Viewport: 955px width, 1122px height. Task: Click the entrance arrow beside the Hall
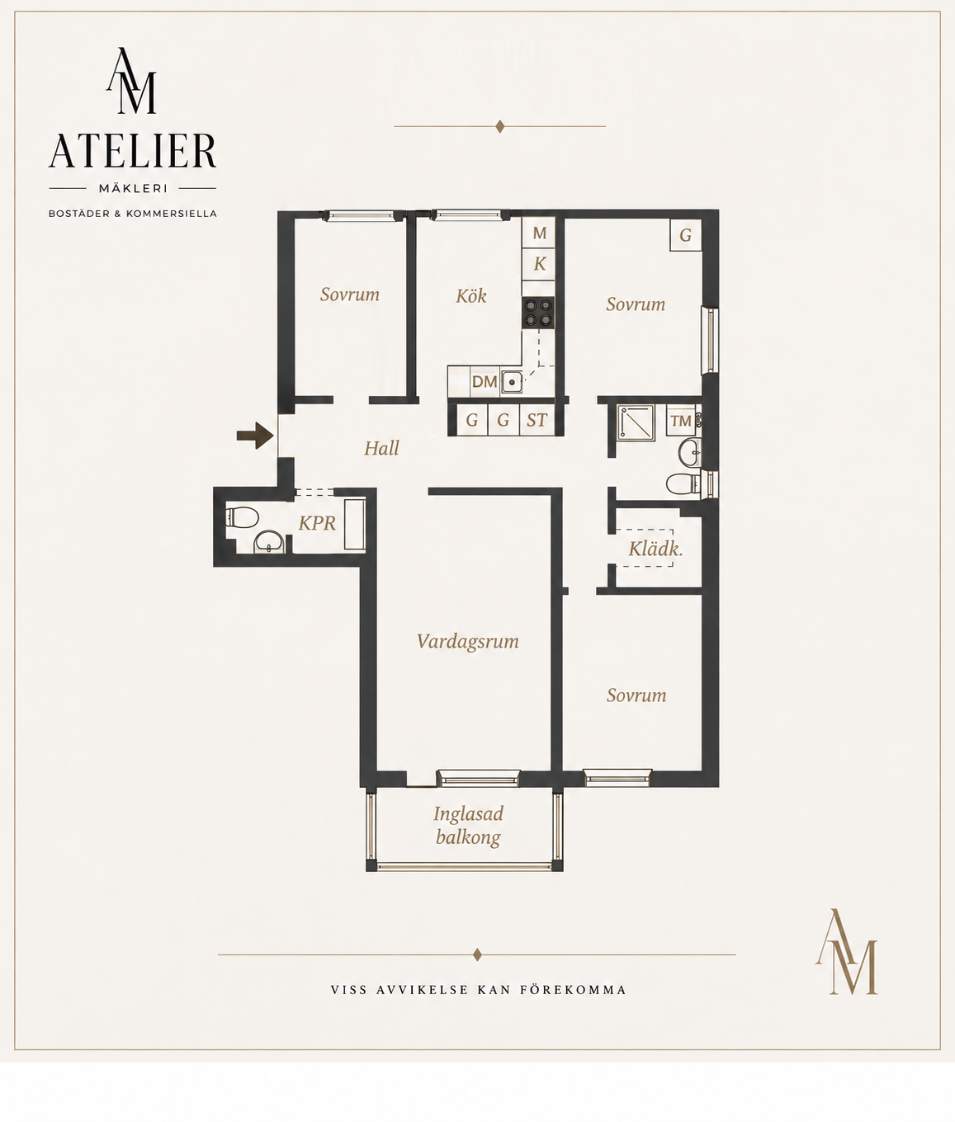point(255,436)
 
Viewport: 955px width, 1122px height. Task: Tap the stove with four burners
point(538,313)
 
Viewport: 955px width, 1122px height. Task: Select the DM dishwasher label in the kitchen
point(485,382)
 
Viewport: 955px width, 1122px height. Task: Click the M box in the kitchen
point(539,233)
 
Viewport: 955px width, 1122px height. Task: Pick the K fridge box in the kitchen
point(539,264)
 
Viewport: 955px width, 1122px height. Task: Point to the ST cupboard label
point(537,420)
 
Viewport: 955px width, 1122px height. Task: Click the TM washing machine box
point(681,421)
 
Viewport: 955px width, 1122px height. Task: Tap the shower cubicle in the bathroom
point(636,422)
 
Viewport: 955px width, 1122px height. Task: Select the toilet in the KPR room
point(242,517)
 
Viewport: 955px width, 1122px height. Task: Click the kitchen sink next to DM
point(512,382)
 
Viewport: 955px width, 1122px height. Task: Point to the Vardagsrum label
point(468,642)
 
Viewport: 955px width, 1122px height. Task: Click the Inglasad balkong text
point(468,826)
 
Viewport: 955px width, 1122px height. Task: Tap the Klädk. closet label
point(655,549)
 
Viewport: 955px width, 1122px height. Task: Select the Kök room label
point(471,296)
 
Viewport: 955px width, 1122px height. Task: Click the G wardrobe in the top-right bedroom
point(686,235)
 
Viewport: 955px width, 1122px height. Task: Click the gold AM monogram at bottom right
point(846,951)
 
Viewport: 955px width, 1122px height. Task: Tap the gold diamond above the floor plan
point(499,126)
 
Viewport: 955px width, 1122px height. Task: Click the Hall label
point(381,448)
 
